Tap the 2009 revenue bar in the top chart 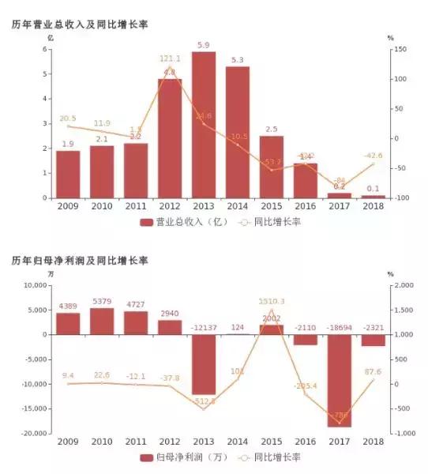[68, 174]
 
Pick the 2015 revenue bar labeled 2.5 [271, 167]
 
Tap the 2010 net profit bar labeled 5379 [102, 321]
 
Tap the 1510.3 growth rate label [272, 301]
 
